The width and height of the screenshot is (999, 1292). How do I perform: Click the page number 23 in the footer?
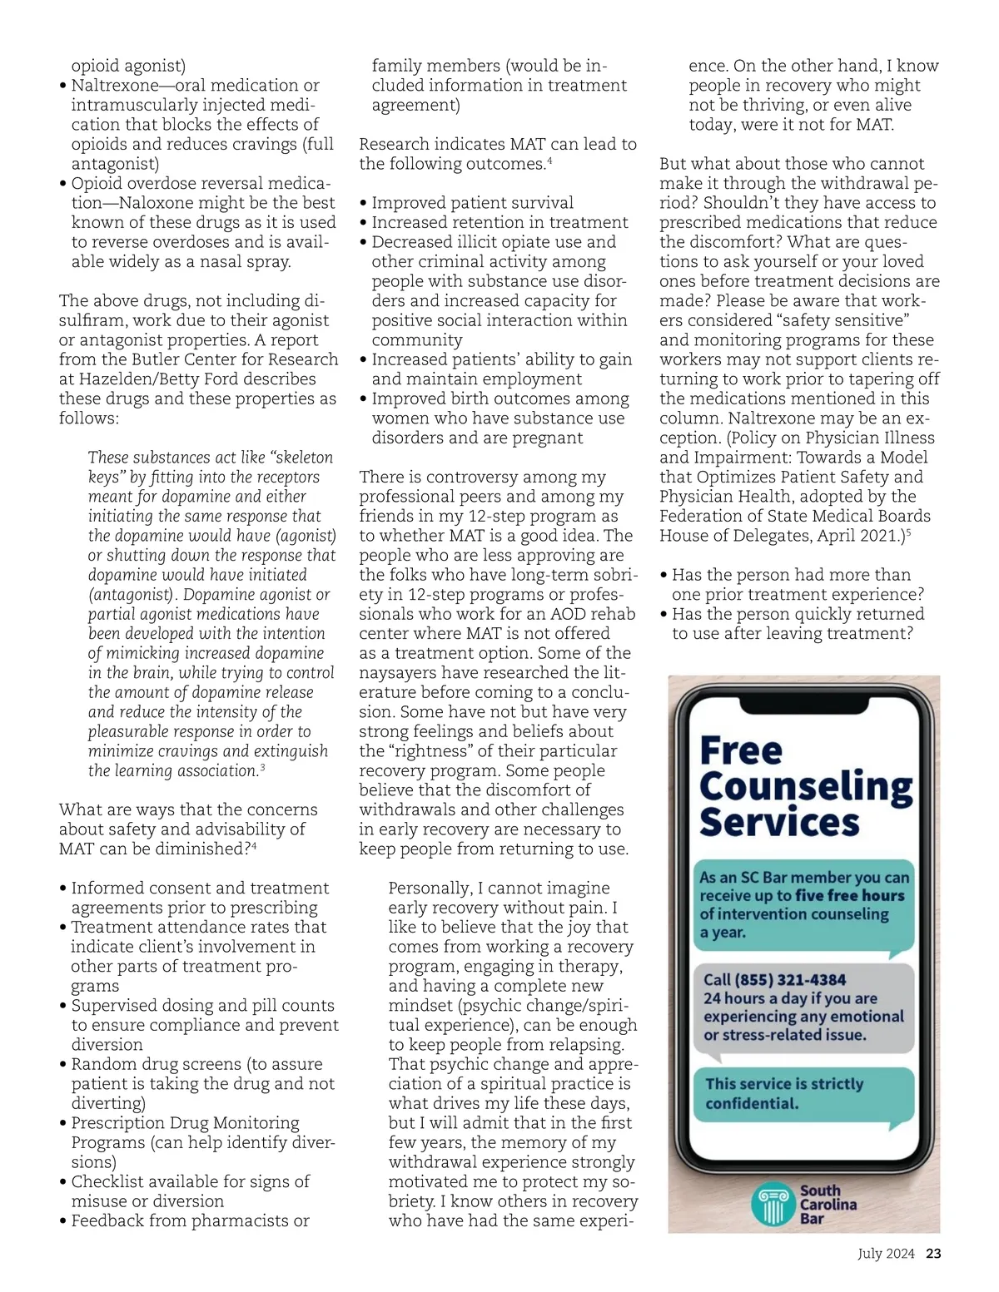(x=933, y=1253)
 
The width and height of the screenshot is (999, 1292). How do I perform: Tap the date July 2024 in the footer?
(x=886, y=1253)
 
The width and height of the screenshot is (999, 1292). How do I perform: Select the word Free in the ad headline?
(x=741, y=750)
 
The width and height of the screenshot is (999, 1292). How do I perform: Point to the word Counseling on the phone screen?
(x=806, y=787)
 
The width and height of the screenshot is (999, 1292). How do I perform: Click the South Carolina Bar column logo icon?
(x=772, y=1204)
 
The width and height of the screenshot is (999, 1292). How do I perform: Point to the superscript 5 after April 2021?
(x=909, y=532)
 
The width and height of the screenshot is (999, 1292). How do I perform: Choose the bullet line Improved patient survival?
(x=472, y=202)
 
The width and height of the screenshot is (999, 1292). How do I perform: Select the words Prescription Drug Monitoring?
(x=185, y=1122)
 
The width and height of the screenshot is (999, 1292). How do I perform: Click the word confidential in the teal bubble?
(x=752, y=1103)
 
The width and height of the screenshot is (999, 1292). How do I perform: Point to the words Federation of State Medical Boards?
(x=795, y=516)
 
